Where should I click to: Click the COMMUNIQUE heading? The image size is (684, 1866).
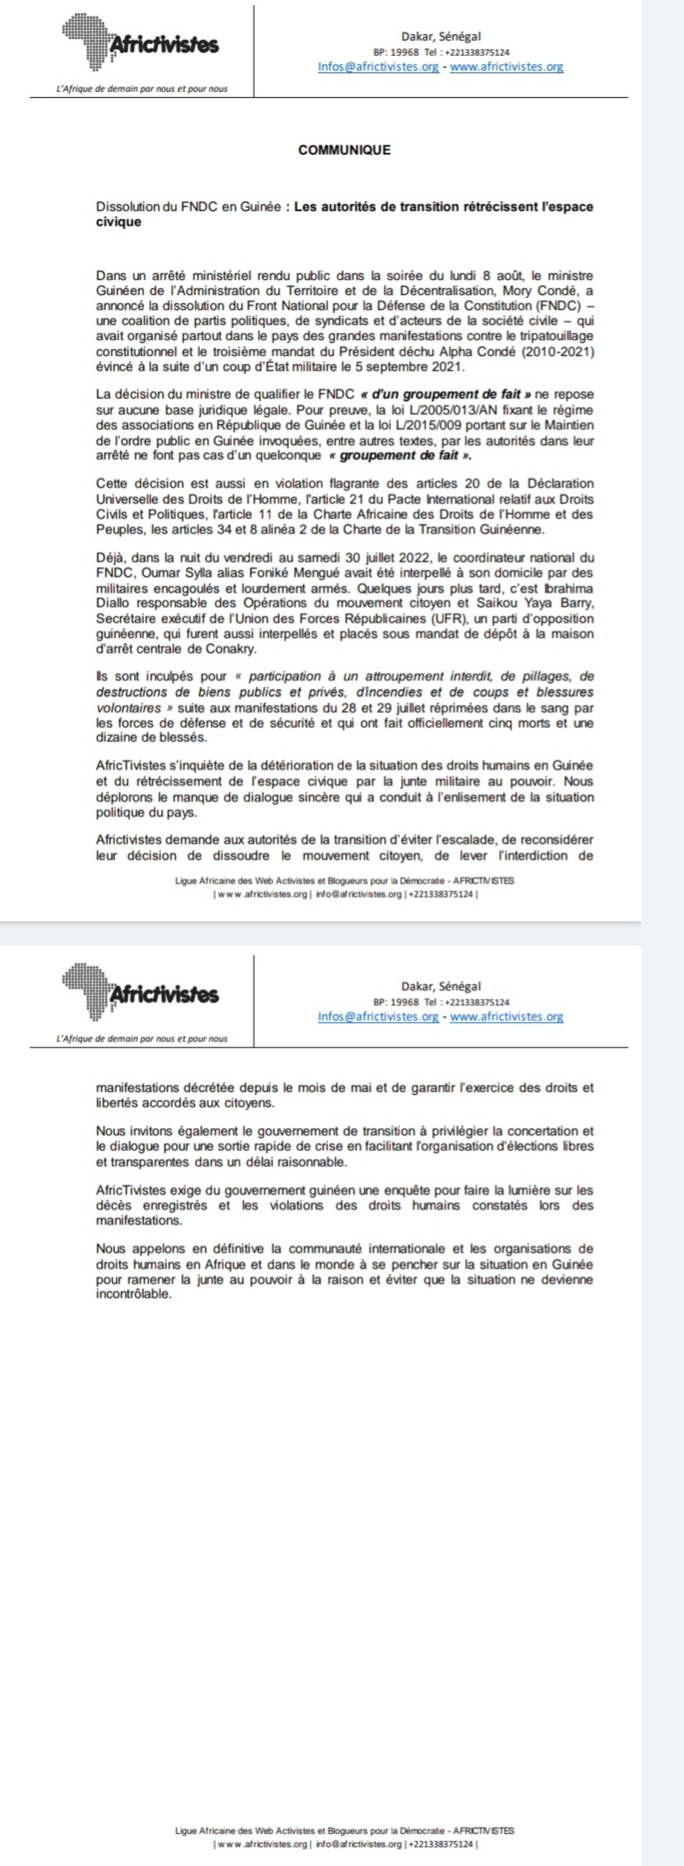click(x=345, y=149)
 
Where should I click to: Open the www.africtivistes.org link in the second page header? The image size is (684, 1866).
click(x=506, y=1016)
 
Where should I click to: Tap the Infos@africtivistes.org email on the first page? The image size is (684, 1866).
click(x=378, y=66)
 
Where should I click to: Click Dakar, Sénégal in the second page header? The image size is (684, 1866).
click(x=440, y=985)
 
